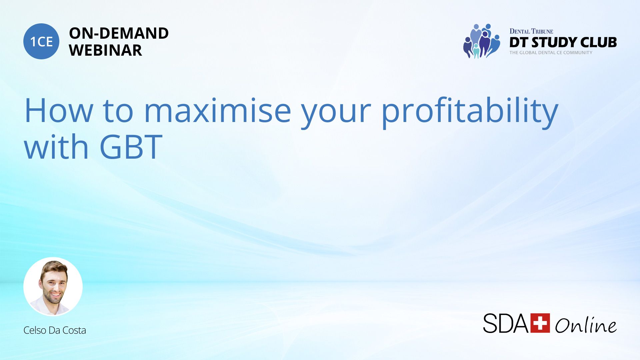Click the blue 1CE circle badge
pyautogui.click(x=41, y=41)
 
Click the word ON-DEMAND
pyautogui.click(x=119, y=33)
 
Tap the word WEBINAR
pyautogui.click(x=105, y=50)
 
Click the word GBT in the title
pyautogui.click(x=131, y=147)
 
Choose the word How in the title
pyautogui.click(x=59, y=111)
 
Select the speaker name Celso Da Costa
pyautogui.click(x=55, y=330)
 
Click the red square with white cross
pyautogui.click(x=540, y=323)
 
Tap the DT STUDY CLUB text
pyautogui.click(x=563, y=42)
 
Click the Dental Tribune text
pyautogui.click(x=531, y=31)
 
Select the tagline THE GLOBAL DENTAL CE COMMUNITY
pyautogui.click(x=551, y=53)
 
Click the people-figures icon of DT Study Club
pyautogui.click(x=481, y=41)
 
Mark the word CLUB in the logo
pyautogui.click(x=599, y=42)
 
